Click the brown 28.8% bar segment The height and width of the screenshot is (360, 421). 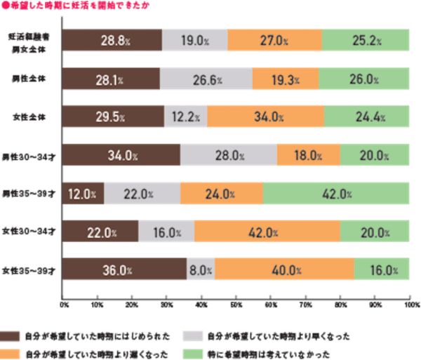[x=112, y=40]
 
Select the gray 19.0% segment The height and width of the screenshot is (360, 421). [x=194, y=40]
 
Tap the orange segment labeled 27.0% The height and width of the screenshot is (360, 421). [x=274, y=40]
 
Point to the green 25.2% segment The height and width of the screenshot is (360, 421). [x=366, y=40]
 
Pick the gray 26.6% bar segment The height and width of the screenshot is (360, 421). [x=206, y=79]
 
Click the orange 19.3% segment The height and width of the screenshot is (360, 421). [x=285, y=79]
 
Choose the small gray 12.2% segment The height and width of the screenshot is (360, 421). [x=185, y=116]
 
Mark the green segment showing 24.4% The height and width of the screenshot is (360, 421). [x=367, y=116]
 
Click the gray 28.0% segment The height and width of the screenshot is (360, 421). [x=229, y=155]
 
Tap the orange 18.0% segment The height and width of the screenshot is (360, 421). [x=309, y=155]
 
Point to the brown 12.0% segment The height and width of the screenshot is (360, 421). [x=83, y=194]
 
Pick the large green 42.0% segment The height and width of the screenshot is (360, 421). [x=336, y=194]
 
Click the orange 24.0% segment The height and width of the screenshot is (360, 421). [x=222, y=194]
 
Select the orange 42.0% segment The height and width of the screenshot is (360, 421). [x=267, y=232]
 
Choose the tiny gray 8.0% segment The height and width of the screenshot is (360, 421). [x=201, y=270]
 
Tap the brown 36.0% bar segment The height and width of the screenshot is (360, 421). [x=124, y=270]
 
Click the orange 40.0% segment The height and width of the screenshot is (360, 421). [x=284, y=270]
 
